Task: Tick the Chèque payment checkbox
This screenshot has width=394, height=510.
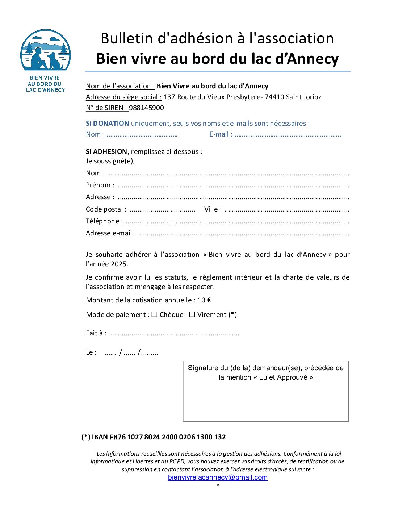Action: click(154, 314)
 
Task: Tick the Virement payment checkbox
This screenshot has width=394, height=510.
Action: click(192, 314)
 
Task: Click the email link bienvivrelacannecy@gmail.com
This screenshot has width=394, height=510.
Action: click(218, 477)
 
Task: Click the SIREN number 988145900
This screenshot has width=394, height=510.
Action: click(146, 108)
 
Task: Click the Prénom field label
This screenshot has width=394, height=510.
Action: click(100, 185)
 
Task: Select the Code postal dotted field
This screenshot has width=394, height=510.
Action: click(162, 210)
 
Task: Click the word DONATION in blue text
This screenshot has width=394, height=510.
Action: click(111, 124)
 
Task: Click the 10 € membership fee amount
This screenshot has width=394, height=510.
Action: click(204, 300)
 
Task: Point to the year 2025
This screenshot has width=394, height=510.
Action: click(119, 264)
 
